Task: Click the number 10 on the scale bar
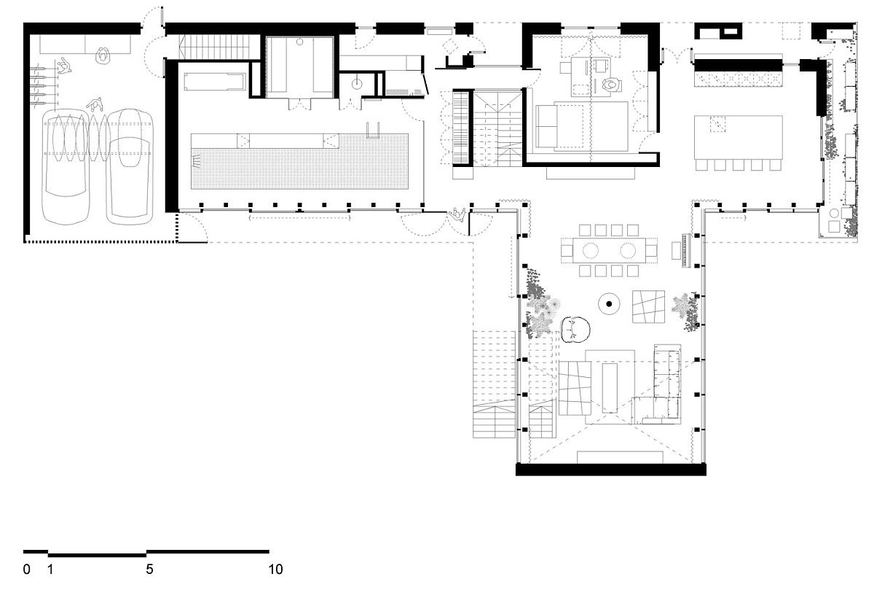pyautogui.click(x=275, y=570)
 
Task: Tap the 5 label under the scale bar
pyautogui.click(x=149, y=570)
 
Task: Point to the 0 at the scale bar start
pyautogui.click(x=26, y=570)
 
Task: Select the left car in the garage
pyautogui.click(x=66, y=166)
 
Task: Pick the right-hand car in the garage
pyautogui.click(x=130, y=166)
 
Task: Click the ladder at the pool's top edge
pyautogui.click(x=373, y=130)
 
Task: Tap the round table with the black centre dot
pyautogui.click(x=609, y=303)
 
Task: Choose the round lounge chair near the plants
pyautogui.click(x=575, y=330)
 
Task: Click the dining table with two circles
pyautogui.click(x=609, y=250)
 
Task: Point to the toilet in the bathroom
pyautogui.click(x=610, y=85)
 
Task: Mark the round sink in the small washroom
pyautogui.click(x=357, y=84)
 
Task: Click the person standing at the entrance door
pyautogui.click(x=457, y=215)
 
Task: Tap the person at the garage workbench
pyautogui.click(x=103, y=55)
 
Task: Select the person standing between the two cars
pyautogui.click(x=95, y=105)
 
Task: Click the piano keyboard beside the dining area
pyautogui.click(x=686, y=250)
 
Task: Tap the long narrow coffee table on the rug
pyautogui.click(x=610, y=387)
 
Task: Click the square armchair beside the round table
pyautogui.click(x=648, y=307)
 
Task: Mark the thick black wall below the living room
pyautogui.click(x=611, y=470)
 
